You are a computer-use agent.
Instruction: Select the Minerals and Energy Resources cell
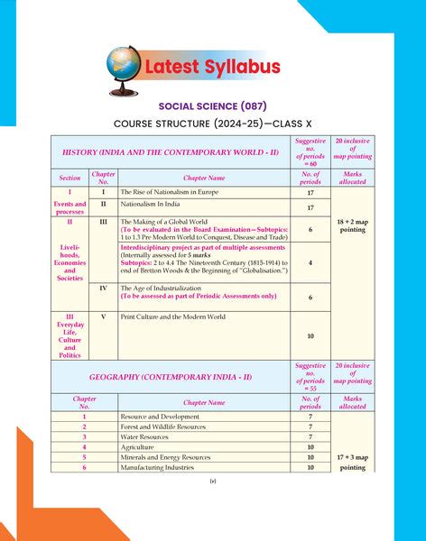pyautogui.click(x=165, y=457)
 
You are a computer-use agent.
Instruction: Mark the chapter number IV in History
pyautogui.click(x=103, y=289)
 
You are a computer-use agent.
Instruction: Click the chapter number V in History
pyautogui.click(x=103, y=317)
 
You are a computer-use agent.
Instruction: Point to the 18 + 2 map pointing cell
pyautogui.click(x=352, y=225)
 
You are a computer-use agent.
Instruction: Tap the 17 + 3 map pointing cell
pyautogui.click(x=352, y=463)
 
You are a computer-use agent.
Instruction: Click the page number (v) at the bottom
pyautogui.click(x=213, y=482)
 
